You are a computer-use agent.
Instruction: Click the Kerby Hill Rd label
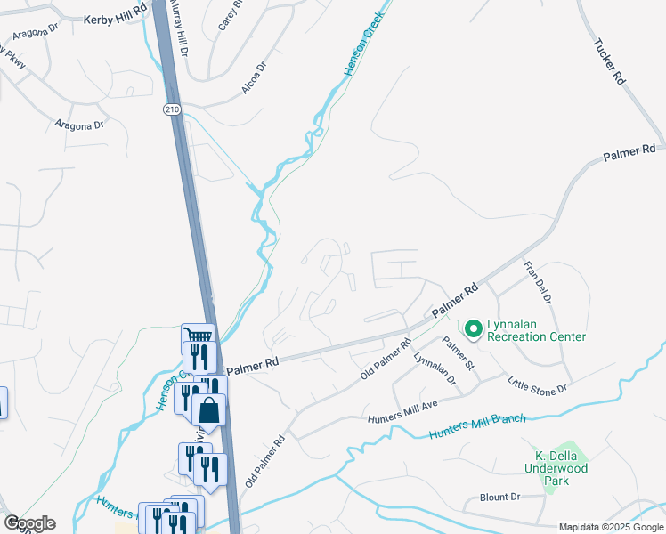tap(114, 19)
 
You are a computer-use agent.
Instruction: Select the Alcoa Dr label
tap(254, 78)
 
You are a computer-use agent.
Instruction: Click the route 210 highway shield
tap(172, 109)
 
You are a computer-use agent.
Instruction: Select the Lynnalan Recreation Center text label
tap(536, 330)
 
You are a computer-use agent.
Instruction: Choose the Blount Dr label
tap(499, 498)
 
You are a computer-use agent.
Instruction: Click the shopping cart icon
tap(199, 336)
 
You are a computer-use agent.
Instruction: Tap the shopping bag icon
tap(209, 410)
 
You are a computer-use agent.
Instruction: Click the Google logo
tap(29, 523)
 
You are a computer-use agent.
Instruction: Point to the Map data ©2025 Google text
tap(610, 527)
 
